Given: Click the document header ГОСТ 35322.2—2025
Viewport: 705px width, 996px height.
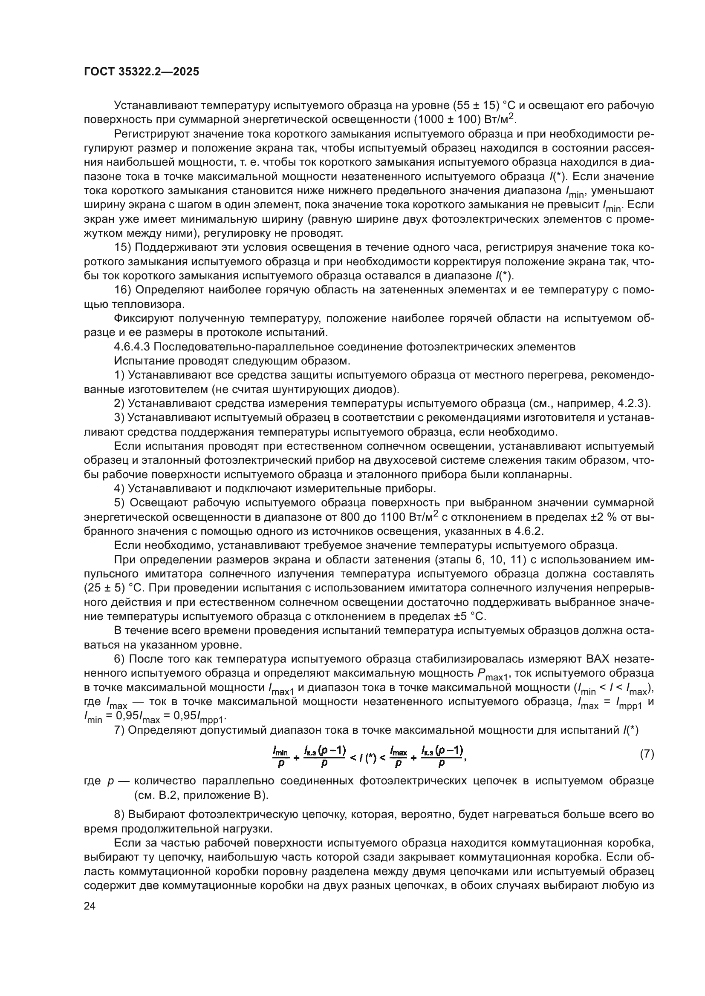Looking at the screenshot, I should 142,72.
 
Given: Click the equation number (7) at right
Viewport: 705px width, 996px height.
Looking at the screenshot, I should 647,754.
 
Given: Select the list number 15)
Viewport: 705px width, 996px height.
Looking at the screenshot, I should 122,247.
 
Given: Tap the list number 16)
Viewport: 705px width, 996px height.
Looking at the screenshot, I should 122,290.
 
